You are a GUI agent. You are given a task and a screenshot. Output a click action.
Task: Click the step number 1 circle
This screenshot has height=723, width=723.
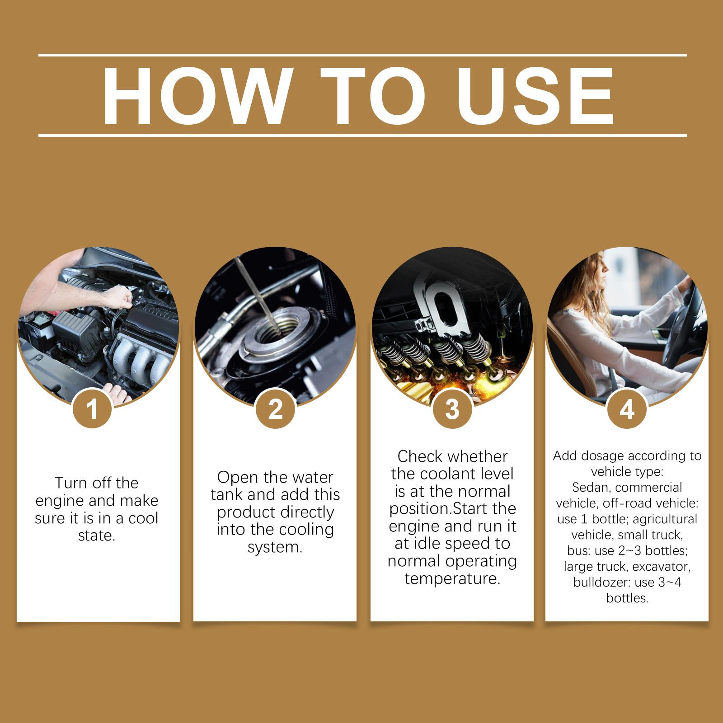pos(93,410)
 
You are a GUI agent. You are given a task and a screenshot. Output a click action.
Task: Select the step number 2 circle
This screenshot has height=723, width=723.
pos(275,410)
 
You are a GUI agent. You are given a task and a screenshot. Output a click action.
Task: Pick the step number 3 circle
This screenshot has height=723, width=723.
pos(452,410)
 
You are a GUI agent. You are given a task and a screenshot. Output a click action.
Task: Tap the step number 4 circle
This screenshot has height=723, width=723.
pos(627,410)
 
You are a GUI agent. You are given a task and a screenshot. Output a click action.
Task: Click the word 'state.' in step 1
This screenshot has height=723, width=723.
pos(97,536)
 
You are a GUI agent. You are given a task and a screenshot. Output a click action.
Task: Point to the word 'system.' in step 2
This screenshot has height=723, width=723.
pos(275,547)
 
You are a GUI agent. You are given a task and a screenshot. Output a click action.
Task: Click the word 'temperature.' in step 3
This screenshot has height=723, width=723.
pos(452,578)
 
